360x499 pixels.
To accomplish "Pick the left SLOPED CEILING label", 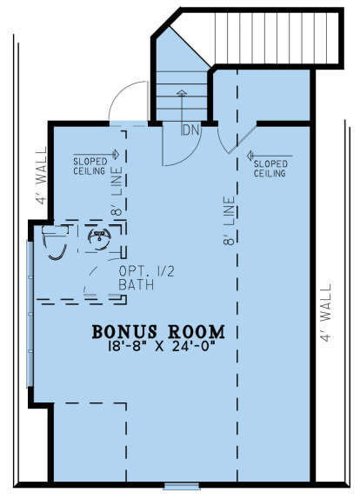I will point(90,166).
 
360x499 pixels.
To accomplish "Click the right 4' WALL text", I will point(326,313).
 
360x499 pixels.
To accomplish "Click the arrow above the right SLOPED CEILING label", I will point(270,156).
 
